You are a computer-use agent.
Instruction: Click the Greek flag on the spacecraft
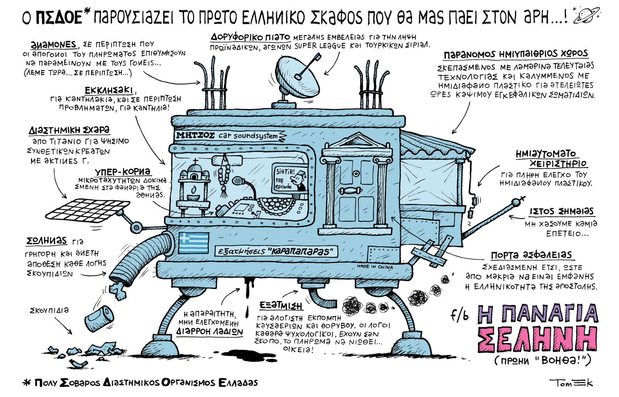194,243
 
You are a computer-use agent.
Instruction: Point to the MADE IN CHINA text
374,267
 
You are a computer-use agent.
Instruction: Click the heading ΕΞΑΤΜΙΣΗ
281,306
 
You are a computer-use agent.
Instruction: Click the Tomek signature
571,383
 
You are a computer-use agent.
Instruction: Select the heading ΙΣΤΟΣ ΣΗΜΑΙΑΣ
562,211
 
